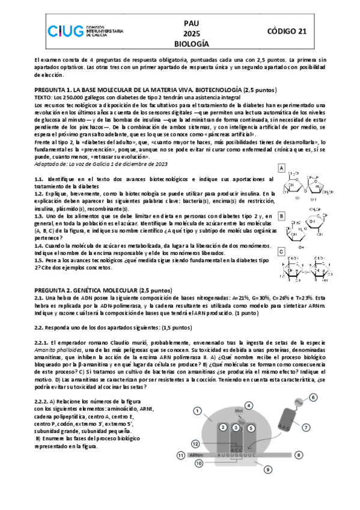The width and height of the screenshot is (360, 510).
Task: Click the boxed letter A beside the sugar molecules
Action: pyautogui.click(x=281, y=170)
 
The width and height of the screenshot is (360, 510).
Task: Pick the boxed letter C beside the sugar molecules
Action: pyautogui.click(x=281, y=251)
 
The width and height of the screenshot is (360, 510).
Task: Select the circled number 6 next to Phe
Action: pyautogui.click(x=313, y=398)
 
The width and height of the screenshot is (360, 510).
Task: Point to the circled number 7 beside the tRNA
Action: pyautogui.click(x=305, y=427)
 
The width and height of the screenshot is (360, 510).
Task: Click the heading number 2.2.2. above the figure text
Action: pyautogui.click(x=43, y=400)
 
